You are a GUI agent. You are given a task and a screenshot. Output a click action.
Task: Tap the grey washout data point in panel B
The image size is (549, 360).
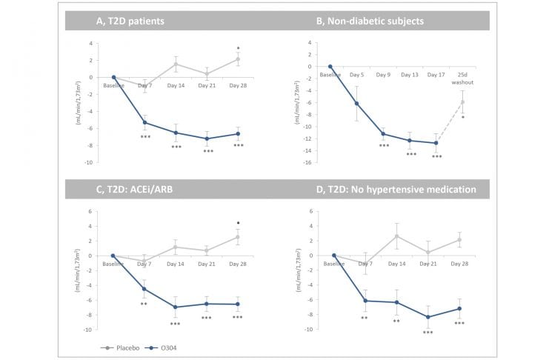coord(462,101)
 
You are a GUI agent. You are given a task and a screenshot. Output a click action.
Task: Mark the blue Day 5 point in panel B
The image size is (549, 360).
coord(357,104)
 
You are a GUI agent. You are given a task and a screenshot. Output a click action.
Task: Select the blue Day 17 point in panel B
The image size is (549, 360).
coord(436,143)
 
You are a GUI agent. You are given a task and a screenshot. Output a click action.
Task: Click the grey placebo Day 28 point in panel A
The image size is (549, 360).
coord(237,59)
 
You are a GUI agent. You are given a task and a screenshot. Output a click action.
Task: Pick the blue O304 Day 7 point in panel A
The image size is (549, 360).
coord(144,122)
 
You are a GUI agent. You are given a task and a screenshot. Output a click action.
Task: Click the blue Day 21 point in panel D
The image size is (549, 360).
coord(428,317)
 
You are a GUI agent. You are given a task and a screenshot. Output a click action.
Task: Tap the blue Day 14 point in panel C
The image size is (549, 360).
coord(176,307)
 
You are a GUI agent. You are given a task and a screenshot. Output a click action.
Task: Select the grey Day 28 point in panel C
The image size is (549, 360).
coord(237,237)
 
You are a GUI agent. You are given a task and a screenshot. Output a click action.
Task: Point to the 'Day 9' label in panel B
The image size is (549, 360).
coord(383,75)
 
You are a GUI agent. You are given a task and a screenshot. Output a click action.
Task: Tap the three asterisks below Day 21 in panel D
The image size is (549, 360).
coord(428,332)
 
